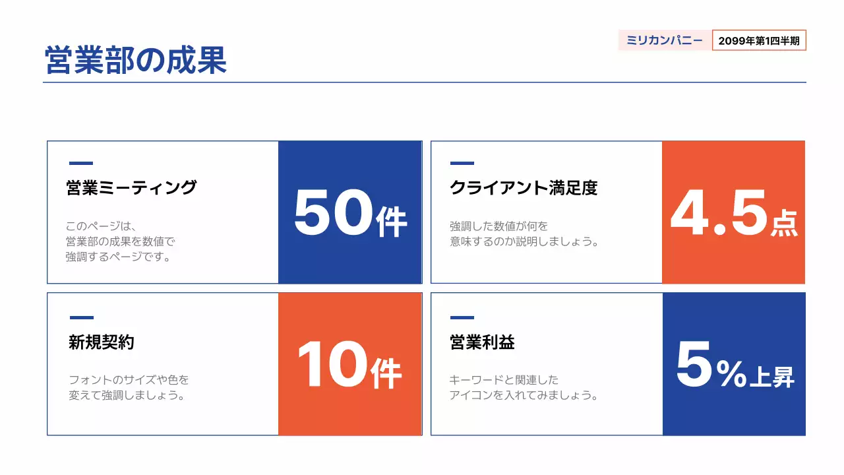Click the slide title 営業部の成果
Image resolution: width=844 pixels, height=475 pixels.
pyautogui.click(x=136, y=60)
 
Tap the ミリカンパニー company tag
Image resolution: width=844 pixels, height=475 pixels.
pyautogui.click(x=665, y=41)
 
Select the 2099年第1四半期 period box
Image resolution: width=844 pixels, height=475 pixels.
pyautogui.click(x=759, y=41)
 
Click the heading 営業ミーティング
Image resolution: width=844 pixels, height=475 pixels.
pyautogui.click(x=131, y=188)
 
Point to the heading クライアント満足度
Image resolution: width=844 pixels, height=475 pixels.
pyautogui.click(x=524, y=188)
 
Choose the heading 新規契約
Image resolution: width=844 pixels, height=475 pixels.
pyautogui.click(x=102, y=342)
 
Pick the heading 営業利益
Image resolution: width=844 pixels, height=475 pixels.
pyautogui.click(x=482, y=342)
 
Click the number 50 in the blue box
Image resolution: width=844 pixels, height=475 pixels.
pyautogui.click(x=333, y=213)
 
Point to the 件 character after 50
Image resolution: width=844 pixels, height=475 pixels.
pyautogui.click(x=392, y=221)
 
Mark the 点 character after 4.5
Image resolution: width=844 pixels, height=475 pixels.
pyautogui.click(x=784, y=222)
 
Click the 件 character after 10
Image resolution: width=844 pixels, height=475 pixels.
pyautogui.click(x=386, y=374)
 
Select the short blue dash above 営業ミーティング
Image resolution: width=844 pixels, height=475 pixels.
pyautogui.click(x=81, y=163)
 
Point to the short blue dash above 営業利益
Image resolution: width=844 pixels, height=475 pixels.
pyautogui.click(x=462, y=317)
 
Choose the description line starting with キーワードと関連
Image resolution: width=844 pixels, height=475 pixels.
pyautogui.click(x=504, y=380)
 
